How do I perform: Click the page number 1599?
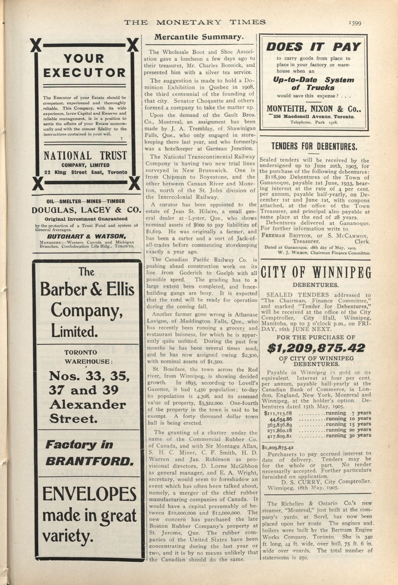[x=355, y=23]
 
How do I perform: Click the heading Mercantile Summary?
[x=199, y=37]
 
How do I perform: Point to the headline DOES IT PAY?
[x=313, y=47]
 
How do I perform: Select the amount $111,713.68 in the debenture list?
[x=278, y=413]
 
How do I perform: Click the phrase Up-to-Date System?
[x=313, y=80]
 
